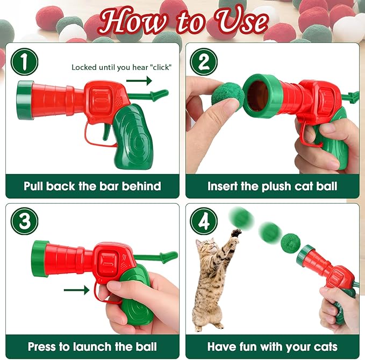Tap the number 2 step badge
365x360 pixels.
coord(204,62)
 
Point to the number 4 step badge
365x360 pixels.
coord(204,221)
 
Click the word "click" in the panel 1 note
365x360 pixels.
coord(160,67)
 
